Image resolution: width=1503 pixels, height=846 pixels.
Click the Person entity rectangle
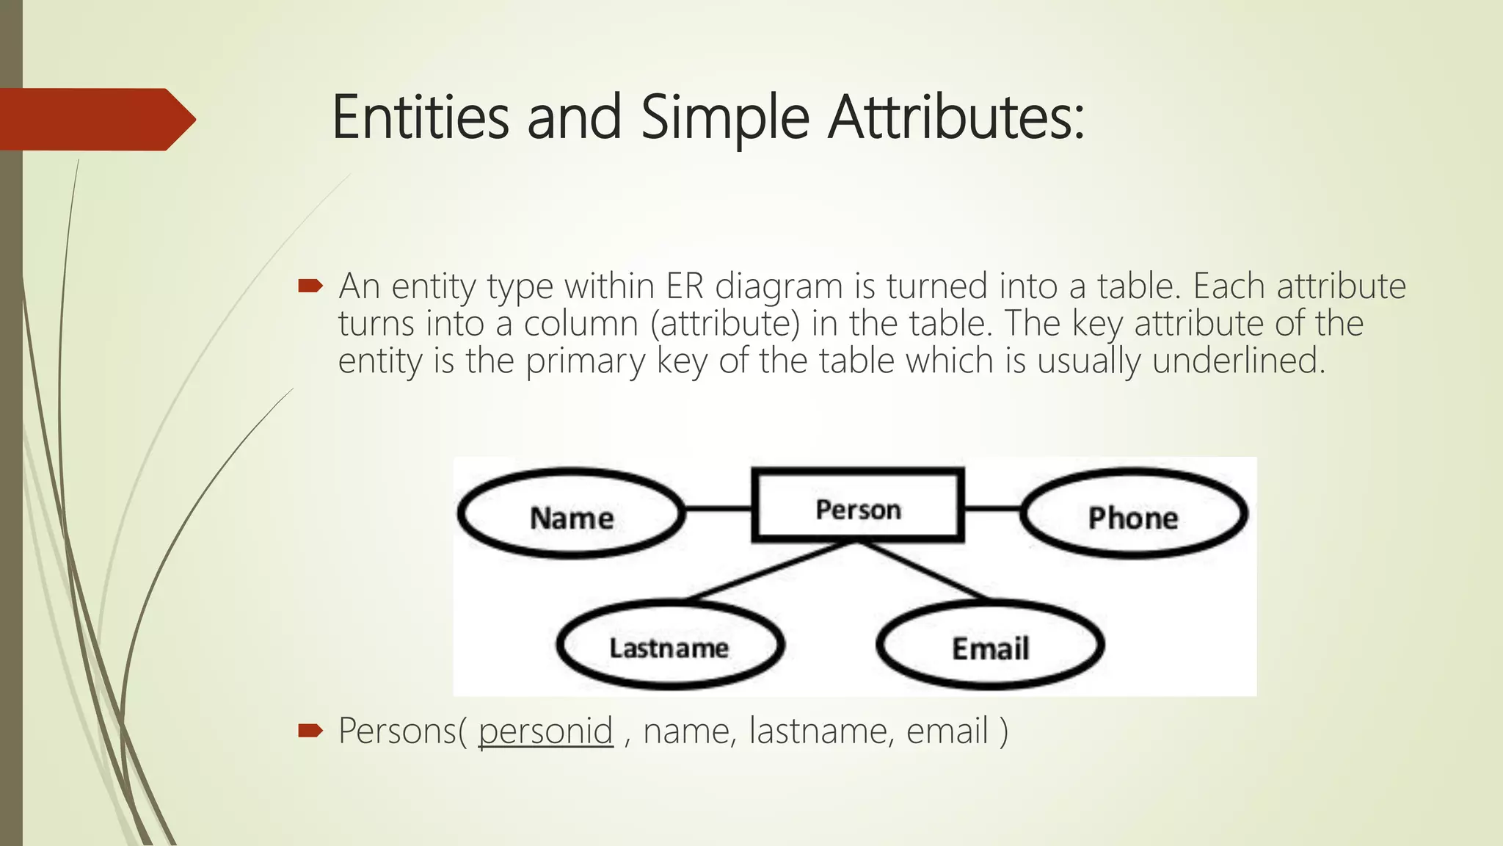coord(857,506)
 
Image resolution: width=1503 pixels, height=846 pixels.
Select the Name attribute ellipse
coord(571,514)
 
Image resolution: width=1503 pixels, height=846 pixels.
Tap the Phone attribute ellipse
coord(1133,514)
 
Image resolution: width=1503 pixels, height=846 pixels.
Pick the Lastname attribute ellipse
coord(669,646)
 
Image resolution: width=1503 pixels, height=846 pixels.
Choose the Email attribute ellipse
coord(990,646)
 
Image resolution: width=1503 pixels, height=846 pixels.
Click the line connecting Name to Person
coord(718,507)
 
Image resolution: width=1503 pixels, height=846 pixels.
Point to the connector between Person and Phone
coord(991,507)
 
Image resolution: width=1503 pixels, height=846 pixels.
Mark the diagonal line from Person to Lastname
coord(771,571)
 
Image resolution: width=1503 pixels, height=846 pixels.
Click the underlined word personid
coord(545,731)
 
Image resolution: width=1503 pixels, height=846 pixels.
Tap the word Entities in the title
coord(420,117)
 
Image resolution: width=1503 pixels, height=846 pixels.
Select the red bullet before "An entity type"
coord(310,286)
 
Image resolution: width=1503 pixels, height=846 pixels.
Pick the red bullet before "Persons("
coord(310,730)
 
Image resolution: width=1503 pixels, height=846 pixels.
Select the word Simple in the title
coord(724,117)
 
